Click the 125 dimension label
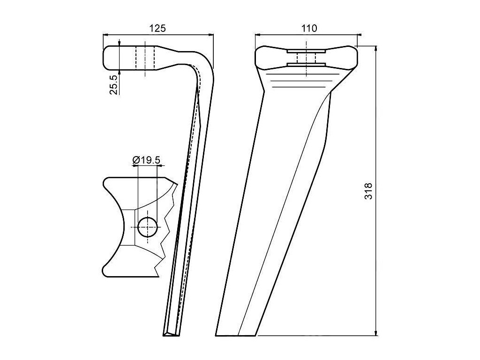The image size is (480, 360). pos(157,28)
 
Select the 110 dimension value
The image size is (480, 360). pos(309,28)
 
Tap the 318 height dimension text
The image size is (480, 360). pos(369,191)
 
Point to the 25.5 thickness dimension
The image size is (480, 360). pos(114,84)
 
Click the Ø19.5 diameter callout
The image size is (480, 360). pos(147,160)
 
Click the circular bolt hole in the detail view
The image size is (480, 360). pos(147,228)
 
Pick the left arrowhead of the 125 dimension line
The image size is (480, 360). pos(105,35)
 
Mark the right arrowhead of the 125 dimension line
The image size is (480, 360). pos(211,35)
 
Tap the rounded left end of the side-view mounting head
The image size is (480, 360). pos(106,58)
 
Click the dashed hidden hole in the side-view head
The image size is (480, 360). pos(145,58)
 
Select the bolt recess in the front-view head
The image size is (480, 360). pos(306,58)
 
